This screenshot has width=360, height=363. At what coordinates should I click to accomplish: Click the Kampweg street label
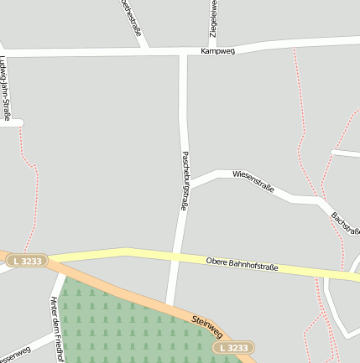[217, 51]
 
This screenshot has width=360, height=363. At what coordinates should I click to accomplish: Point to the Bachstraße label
[345, 225]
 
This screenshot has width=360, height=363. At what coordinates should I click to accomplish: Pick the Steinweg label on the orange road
[207, 324]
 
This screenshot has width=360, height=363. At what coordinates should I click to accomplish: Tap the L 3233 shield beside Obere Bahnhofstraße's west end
[28, 262]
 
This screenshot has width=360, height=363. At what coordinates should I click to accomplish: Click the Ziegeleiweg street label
[214, 20]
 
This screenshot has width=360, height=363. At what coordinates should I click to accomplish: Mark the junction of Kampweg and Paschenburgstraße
[183, 53]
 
